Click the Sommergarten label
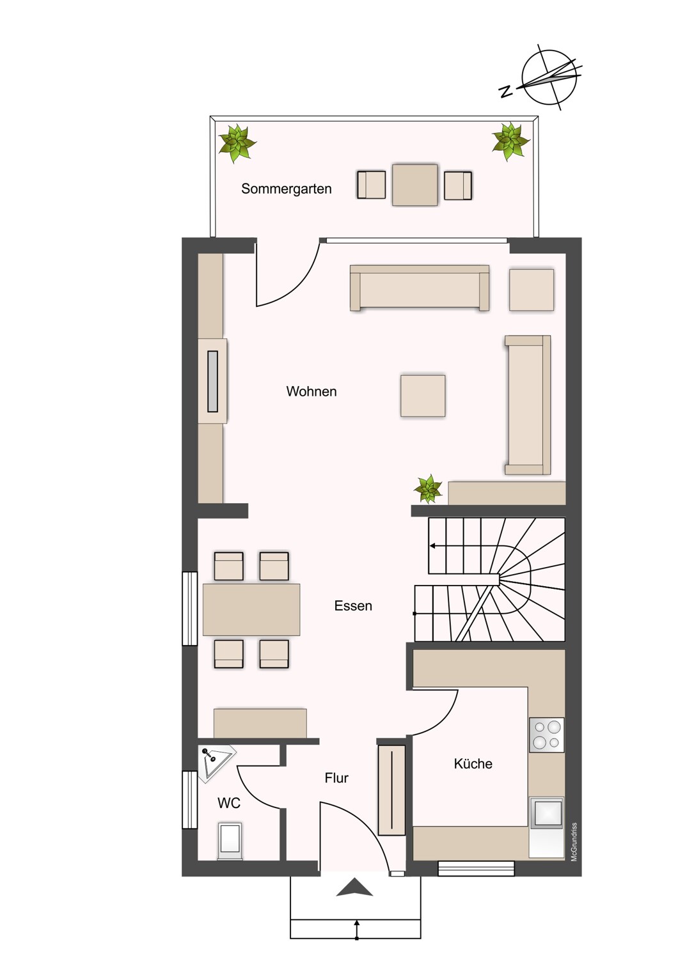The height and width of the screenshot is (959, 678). coord(286,189)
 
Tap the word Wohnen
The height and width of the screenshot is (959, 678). coord(311,391)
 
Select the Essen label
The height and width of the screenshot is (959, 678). coord(353,606)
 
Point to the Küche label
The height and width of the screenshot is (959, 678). coord(473,763)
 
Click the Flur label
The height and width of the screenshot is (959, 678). coord(336,778)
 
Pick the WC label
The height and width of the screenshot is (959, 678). coord(229,803)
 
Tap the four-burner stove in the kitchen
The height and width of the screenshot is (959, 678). coord(546,735)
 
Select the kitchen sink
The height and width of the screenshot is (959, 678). coord(546,813)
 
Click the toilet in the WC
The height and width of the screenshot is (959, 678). coord(230,841)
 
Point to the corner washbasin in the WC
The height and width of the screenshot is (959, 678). coord(216,763)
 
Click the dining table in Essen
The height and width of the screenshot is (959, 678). coord(251,610)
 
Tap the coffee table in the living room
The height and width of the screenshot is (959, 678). coord(423,396)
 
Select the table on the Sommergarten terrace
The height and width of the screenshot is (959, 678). coord(414,185)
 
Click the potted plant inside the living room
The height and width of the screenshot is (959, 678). coord(428,488)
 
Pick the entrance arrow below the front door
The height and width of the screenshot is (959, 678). coord(354,886)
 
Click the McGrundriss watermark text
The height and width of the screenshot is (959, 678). coord(574,842)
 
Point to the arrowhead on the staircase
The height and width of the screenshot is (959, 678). coord(432,546)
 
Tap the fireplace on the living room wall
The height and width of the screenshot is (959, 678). coord(212,382)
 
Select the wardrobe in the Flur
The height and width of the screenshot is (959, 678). coord(391,790)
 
